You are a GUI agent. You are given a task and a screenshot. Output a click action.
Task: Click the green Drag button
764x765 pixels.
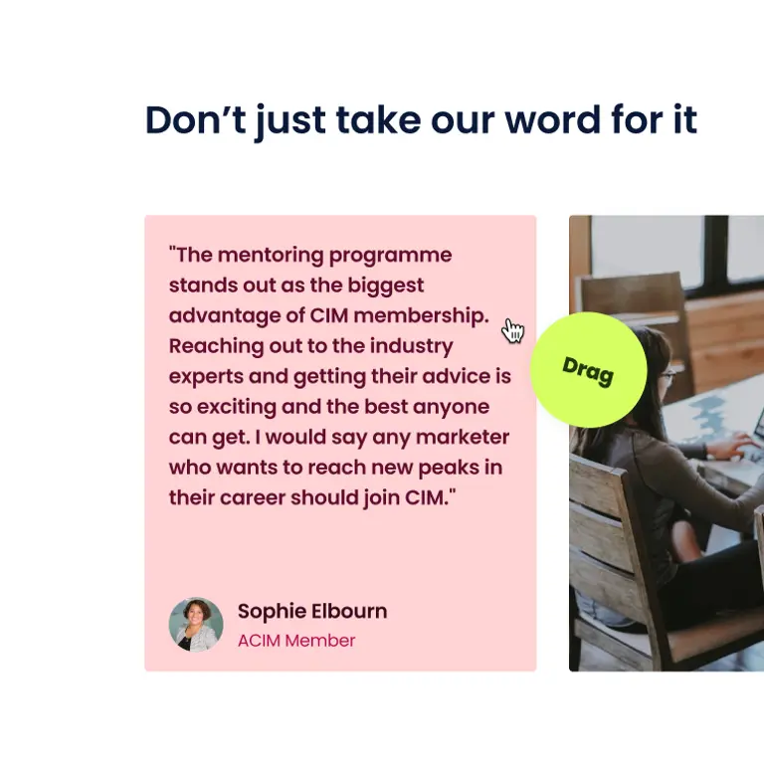pos(588,370)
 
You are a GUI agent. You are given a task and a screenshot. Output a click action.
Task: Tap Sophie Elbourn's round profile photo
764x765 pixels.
pos(196,625)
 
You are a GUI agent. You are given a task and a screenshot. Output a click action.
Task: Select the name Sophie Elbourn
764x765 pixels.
pos(312,612)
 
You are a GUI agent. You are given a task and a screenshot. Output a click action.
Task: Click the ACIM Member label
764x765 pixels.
pos(296,641)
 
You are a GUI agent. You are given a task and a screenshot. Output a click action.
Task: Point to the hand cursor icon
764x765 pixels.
pos(512,330)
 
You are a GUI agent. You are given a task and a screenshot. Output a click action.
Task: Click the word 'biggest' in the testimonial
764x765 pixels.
pos(386,286)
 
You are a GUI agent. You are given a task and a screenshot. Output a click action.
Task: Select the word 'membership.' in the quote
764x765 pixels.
pos(421,315)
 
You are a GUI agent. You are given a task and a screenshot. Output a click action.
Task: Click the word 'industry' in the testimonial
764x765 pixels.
pos(411,346)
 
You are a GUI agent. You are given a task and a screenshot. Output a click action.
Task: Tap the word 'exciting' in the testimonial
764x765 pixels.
pos(237,407)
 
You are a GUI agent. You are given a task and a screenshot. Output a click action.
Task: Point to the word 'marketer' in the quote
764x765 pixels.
pos(463,437)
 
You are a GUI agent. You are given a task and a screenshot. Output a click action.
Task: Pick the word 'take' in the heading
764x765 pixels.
pos(378,119)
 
